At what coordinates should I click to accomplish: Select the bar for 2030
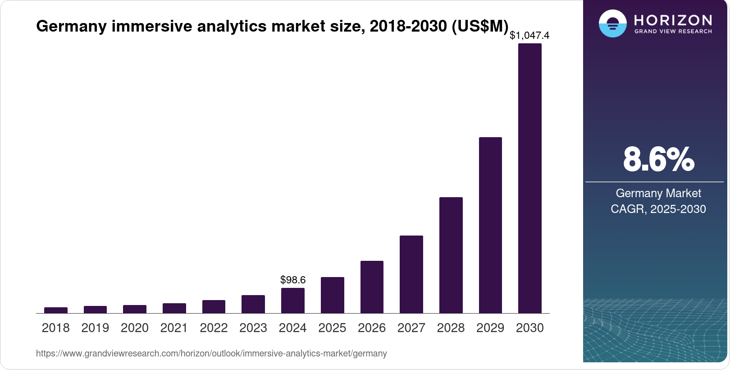(x=529, y=178)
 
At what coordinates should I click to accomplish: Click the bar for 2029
(x=490, y=225)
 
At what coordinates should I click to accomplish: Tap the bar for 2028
(x=451, y=255)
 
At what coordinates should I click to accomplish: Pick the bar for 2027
(x=411, y=274)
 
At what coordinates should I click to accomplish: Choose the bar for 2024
(x=292, y=301)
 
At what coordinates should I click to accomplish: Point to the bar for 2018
(x=56, y=310)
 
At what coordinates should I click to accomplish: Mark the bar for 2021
(x=174, y=308)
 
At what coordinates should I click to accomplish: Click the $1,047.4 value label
(x=529, y=35)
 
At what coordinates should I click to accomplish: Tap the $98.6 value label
(x=293, y=280)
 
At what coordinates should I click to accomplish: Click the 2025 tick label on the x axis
(x=332, y=328)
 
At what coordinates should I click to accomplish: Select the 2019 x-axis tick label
(x=95, y=328)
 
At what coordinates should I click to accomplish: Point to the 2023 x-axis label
(x=253, y=328)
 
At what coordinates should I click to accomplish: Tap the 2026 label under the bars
(x=372, y=328)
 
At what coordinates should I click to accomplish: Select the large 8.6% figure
(x=658, y=159)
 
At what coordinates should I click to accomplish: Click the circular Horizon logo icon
(x=612, y=23)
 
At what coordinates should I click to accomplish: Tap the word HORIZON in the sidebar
(x=673, y=20)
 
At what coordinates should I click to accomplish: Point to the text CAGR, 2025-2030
(x=658, y=209)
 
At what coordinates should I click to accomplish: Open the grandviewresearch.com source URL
(x=211, y=353)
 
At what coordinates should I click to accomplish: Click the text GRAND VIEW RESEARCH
(x=673, y=32)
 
